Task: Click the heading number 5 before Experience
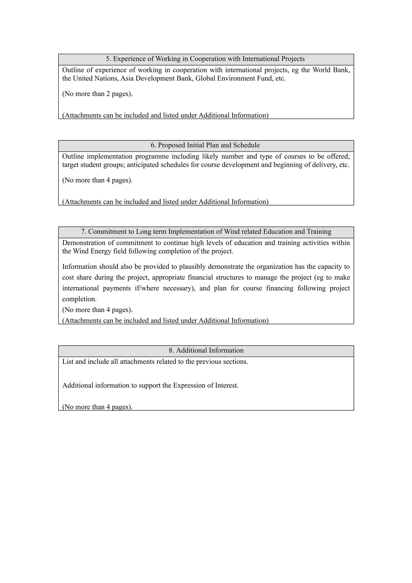[x=108, y=59]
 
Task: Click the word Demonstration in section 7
[x=84, y=243]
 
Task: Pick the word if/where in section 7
[x=146, y=288]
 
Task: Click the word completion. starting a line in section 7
[x=79, y=299]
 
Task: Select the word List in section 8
[x=68, y=362]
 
